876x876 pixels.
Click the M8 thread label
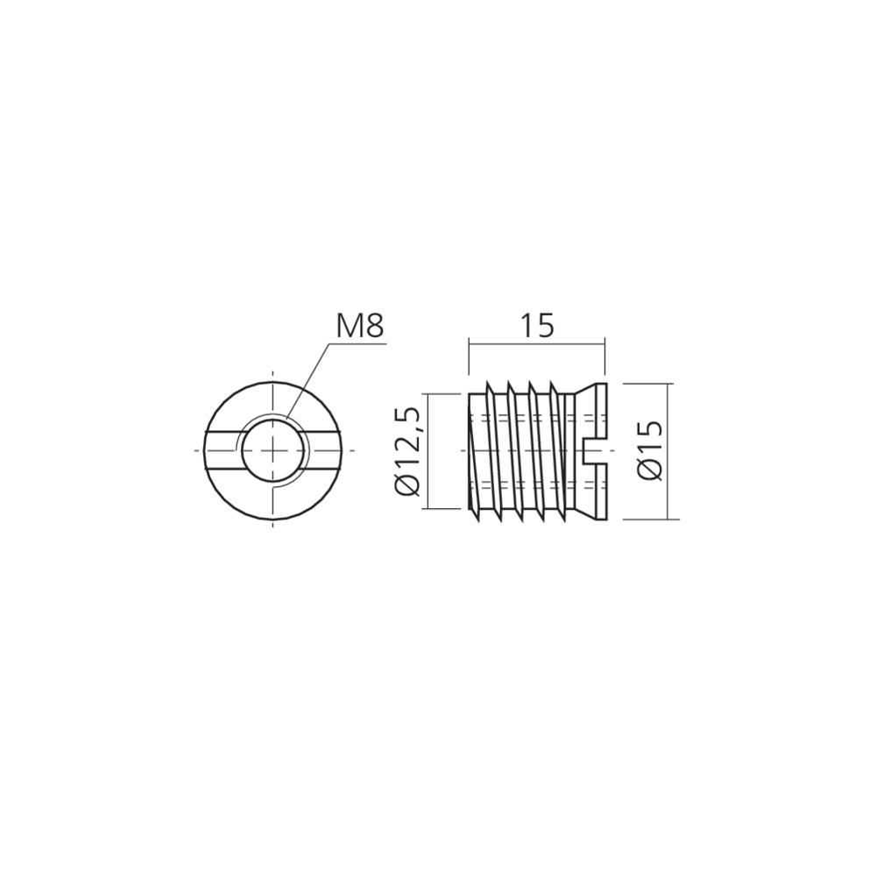[359, 326]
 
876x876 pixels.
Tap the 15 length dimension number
[537, 326]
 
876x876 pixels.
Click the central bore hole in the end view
[273, 450]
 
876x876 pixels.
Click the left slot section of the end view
[222, 450]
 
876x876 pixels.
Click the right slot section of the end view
[323, 450]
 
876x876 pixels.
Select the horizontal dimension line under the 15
[537, 344]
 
